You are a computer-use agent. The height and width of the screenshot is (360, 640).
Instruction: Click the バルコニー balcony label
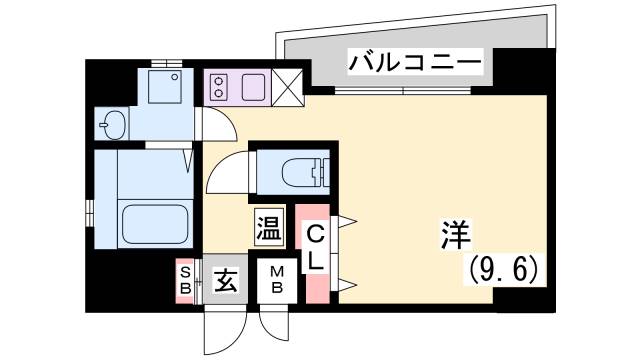coord(414,65)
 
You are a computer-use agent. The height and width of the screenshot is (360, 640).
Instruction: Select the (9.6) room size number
coord(504,269)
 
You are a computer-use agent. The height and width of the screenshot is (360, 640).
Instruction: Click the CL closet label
coord(314,249)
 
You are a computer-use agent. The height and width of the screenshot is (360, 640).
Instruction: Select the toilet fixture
coord(300,172)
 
